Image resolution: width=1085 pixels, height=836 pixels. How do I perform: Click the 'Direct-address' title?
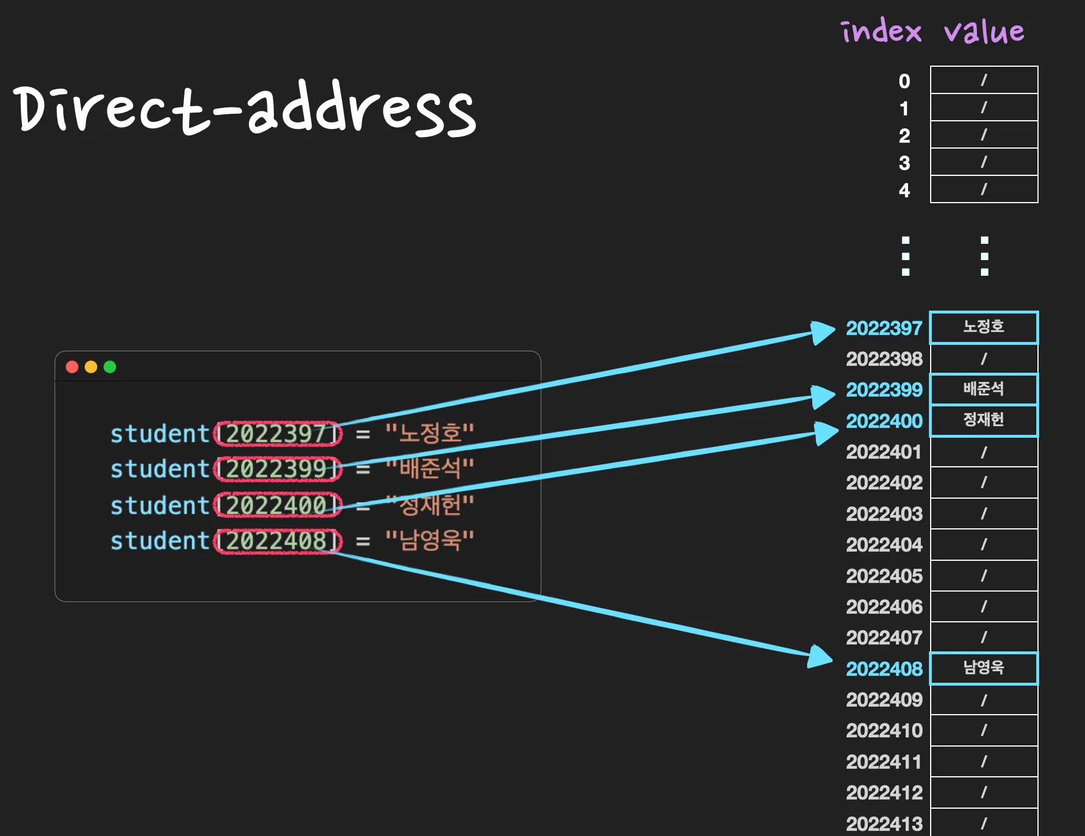tap(244, 109)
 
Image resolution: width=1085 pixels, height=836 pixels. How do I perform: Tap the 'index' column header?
tap(881, 31)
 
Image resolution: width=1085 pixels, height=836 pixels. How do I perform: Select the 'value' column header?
tap(984, 31)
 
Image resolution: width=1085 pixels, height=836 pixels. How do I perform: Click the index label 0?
tap(904, 81)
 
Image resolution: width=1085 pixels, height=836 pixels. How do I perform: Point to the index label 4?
tap(904, 190)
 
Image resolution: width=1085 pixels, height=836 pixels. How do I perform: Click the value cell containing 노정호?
tap(983, 327)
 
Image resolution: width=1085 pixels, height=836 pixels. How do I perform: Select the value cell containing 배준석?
tap(983, 389)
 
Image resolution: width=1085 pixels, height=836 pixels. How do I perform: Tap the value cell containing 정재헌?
tap(983, 420)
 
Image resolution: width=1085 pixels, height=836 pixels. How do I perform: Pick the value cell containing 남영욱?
tap(983, 668)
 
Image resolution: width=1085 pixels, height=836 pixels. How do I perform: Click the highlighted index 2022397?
tap(884, 329)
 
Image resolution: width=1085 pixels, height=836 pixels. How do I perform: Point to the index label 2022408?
tap(884, 669)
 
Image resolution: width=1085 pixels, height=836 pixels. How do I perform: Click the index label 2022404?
tap(884, 545)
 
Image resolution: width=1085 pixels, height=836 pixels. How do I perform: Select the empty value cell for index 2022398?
tap(983, 359)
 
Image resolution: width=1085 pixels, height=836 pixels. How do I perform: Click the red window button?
tap(72, 367)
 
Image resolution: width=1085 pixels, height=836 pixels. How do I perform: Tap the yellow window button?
tap(91, 367)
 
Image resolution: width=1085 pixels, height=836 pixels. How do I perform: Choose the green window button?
tap(110, 367)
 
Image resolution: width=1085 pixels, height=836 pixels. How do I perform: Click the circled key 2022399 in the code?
tap(277, 469)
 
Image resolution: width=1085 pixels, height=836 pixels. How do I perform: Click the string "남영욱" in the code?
tap(430, 540)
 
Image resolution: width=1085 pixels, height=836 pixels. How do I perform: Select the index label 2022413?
tap(884, 823)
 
